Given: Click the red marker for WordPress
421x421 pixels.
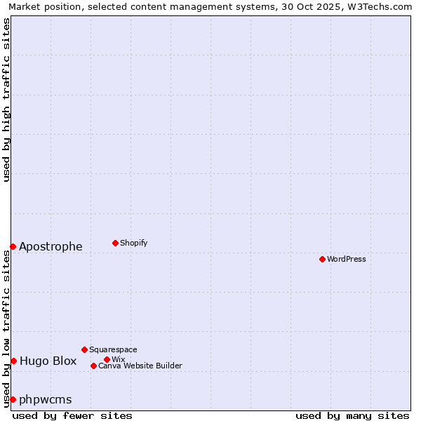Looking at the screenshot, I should pyautogui.click(x=322, y=259).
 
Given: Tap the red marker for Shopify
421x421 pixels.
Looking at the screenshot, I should pyautogui.click(x=115, y=243).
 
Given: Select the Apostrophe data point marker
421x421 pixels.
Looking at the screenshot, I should pyautogui.click(x=13, y=246).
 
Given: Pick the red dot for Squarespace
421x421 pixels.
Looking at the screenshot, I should pyautogui.click(x=84, y=349).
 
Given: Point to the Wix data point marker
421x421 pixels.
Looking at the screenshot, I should pyautogui.click(x=107, y=359).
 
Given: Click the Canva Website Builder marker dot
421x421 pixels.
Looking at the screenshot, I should pyautogui.click(x=93, y=366).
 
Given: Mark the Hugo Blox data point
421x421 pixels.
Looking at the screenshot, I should pyautogui.click(x=13, y=361).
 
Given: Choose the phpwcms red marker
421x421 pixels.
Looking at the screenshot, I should pyautogui.click(x=13, y=399).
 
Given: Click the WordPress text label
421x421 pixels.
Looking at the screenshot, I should pyautogui.click(x=346, y=259).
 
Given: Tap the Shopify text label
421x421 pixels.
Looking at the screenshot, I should pyautogui.click(x=133, y=243).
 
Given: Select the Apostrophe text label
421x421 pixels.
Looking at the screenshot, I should pyautogui.click(x=51, y=246).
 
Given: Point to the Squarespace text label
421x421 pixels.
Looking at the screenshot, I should pyautogui.click(x=113, y=349).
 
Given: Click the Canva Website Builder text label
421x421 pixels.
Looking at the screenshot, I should pyautogui.click(x=140, y=366).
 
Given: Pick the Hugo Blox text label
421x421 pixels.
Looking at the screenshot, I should pyautogui.click(x=48, y=361).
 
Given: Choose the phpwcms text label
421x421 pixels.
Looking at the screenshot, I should pyautogui.click(x=45, y=399).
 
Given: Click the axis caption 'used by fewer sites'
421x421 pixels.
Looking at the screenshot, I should pyautogui.click(x=72, y=415).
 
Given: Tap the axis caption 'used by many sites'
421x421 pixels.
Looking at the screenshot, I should pyautogui.click(x=352, y=415).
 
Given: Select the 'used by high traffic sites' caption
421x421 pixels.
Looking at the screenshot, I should pyautogui.click(x=6, y=100).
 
